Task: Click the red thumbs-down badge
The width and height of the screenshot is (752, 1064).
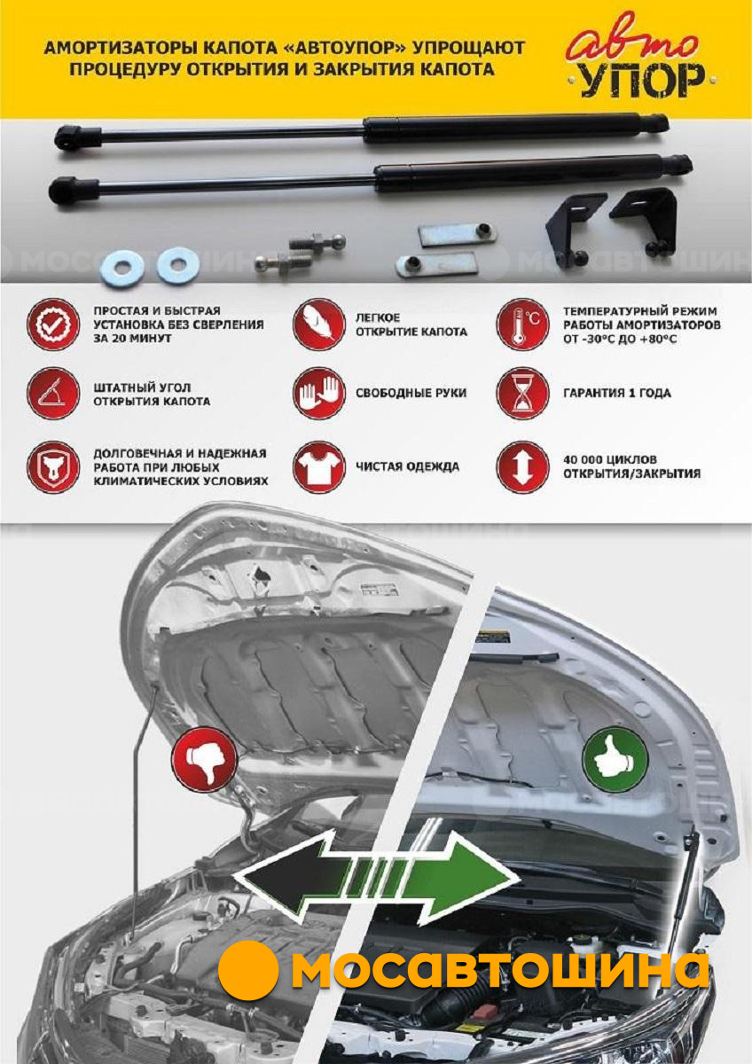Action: (x=204, y=759)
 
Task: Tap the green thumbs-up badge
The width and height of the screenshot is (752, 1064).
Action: (x=615, y=759)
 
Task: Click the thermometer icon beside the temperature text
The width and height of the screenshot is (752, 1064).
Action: (x=522, y=325)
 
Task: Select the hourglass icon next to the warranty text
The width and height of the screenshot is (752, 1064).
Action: (x=522, y=394)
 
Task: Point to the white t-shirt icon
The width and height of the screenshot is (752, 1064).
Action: (x=318, y=467)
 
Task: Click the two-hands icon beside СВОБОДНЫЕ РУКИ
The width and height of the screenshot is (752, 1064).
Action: (x=318, y=394)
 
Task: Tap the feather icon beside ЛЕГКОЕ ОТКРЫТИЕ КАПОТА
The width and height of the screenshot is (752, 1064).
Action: (x=318, y=325)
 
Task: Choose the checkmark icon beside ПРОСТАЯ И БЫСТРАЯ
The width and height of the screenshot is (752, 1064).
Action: (x=53, y=325)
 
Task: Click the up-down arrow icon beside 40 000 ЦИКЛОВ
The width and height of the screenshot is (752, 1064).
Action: (x=522, y=467)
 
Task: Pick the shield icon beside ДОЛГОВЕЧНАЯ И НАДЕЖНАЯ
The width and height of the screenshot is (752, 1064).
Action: (x=53, y=467)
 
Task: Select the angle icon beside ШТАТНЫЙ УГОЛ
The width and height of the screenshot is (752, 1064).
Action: (x=53, y=394)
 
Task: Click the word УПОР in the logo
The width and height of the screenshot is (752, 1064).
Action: (x=642, y=81)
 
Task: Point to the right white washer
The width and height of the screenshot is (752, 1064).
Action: (x=177, y=265)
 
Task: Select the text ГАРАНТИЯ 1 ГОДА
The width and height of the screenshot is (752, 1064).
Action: (x=617, y=394)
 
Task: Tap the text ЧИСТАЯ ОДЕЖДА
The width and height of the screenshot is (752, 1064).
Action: (x=408, y=467)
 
